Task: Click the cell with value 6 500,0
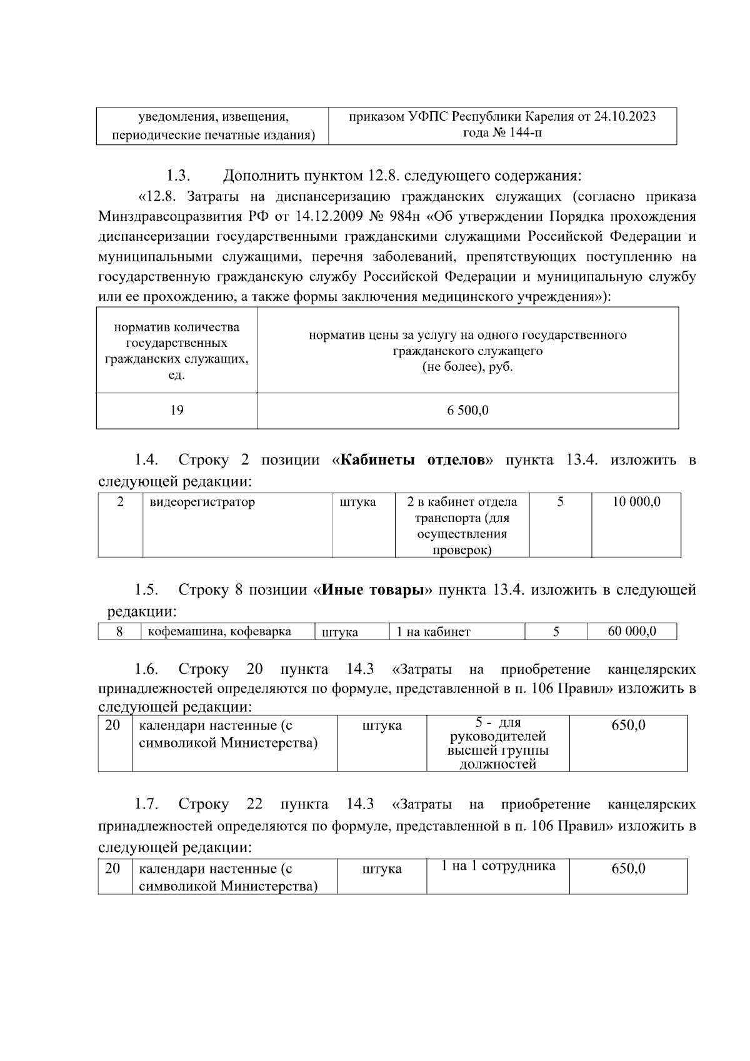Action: pos(467,411)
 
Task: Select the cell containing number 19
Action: pos(177,410)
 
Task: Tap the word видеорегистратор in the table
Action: pos(202,502)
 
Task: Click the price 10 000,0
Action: pos(636,502)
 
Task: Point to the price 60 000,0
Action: pos(632,631)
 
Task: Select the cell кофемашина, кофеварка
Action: pos(219,631)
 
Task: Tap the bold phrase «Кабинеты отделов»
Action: pos(412,460)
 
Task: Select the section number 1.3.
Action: pos(178,174)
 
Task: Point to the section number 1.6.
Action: pos(146,670)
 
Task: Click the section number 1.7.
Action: pos(146,804)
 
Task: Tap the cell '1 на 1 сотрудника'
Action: pos(497,867)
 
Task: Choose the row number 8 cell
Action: pos(119,631)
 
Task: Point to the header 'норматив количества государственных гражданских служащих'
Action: pos(177,351)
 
